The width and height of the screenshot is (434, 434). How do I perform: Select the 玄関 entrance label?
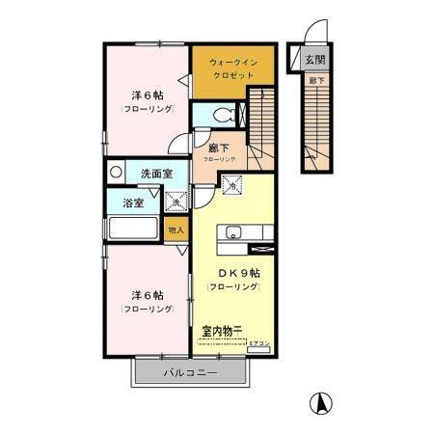(315, 59)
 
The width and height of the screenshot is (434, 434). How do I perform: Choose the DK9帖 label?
(231, 273)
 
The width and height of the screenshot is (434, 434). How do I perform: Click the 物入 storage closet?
(176, 230)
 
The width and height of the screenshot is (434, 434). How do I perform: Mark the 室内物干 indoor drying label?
(222, 331)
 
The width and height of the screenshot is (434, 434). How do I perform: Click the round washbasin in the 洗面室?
(116, 173)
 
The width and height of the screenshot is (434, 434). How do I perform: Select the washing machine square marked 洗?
(176, 201)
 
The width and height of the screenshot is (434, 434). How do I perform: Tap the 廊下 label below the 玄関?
(314, 80)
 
